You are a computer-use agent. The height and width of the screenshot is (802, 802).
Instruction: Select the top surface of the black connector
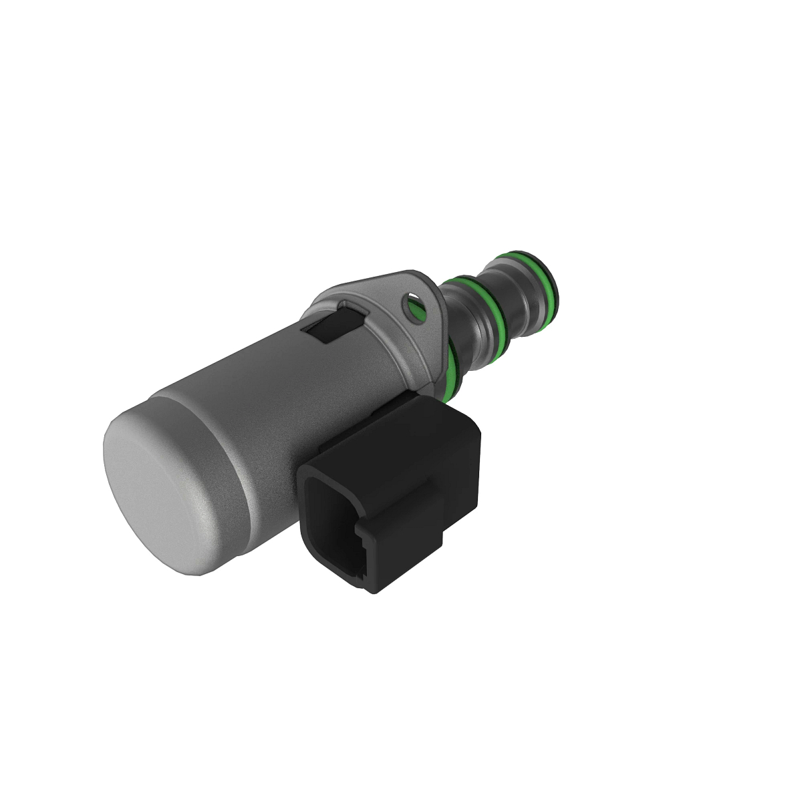click(394, 434)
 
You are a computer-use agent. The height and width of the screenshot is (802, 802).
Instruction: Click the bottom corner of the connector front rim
click(374, 588)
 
